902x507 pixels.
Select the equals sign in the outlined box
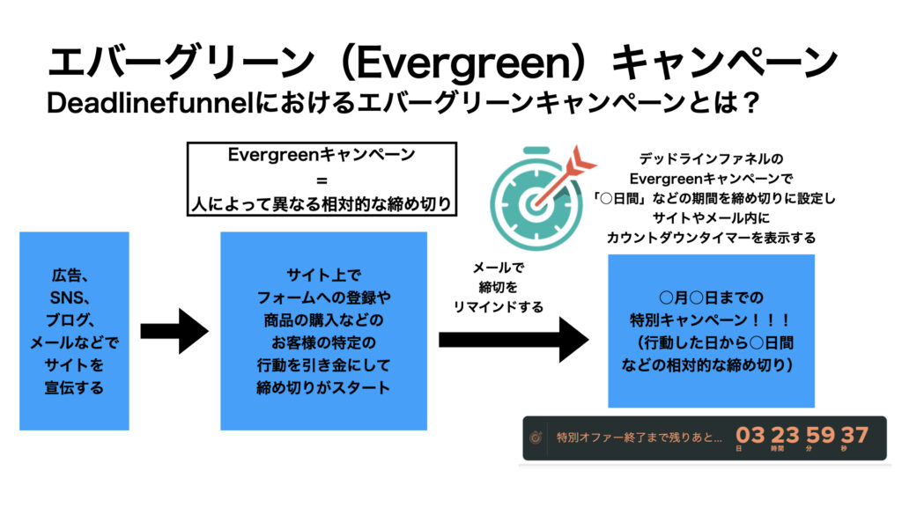point(322,180)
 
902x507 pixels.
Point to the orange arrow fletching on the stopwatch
point(580,161)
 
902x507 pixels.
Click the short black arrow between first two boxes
point(174,331)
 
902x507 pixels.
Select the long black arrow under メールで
point(514,340)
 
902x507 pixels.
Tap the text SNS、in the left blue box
point(73,298)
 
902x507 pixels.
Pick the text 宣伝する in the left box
point(74,387)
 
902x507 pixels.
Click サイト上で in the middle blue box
point(323,276)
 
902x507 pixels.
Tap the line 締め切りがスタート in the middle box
point(323,387)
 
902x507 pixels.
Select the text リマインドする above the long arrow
point(499,307)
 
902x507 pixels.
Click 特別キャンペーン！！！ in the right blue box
point(711,320)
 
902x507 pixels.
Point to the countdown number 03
point(750,435)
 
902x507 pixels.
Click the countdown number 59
point(820,435)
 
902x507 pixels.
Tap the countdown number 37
point(854,435)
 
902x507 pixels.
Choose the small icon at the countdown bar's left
point(536,437)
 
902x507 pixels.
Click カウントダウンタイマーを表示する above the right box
point(711,238)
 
